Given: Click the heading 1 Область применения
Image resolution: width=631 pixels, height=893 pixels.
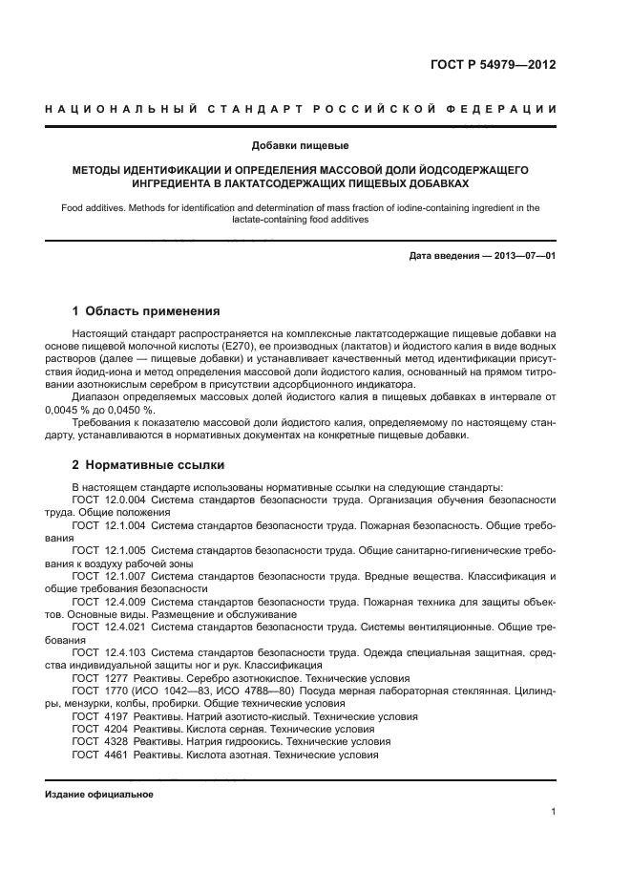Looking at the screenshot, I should coord(146,311).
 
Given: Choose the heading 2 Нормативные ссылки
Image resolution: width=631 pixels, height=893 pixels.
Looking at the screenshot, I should coord(148,465).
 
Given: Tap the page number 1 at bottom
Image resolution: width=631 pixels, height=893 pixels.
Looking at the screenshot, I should coord(553,812).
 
